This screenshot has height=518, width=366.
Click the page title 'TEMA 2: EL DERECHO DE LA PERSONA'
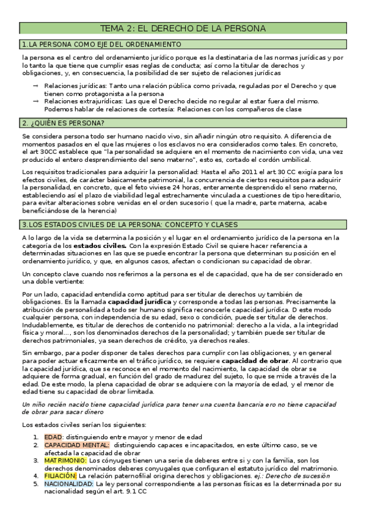coord(183,29)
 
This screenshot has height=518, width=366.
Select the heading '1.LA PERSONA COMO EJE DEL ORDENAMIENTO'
coord(101,45)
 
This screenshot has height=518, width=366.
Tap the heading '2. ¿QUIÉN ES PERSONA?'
coord(59,123)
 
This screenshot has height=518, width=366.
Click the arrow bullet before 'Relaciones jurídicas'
coord(36,86)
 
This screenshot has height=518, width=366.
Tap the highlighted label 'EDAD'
coord(53,437)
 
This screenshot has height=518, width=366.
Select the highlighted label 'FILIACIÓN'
coord(60,475)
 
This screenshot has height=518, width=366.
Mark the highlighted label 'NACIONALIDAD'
coord(68,483)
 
